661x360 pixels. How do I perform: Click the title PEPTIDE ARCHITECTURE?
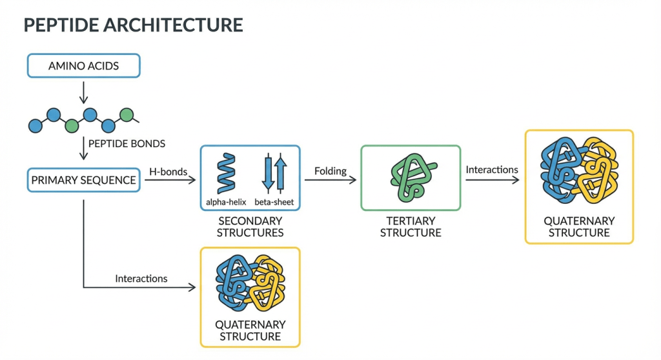(x=133, y=25)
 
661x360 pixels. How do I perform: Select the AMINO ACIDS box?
(x=83, y=66)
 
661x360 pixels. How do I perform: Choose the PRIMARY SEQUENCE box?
(x=83, y=180)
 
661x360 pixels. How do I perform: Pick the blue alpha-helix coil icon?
(x=226, y=173)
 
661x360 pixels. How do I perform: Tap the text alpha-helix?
(x=225, y=202)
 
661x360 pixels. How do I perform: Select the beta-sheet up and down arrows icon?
(x=274, y=173)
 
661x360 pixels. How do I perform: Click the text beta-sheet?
(x=274, y=202)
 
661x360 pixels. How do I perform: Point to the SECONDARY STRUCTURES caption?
(x=250, y=226)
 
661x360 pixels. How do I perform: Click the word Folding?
(x=330, y=172)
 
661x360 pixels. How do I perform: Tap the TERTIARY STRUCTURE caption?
(x=411, y=226)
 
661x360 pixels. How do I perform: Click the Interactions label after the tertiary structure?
(x=492, y=170)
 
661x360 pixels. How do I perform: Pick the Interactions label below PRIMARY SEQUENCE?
(x=141, y=279)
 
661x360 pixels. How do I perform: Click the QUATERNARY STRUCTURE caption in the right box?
(x=579, y=226)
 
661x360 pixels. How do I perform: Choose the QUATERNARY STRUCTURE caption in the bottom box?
(x=250, y=330)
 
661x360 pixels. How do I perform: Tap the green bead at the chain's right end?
(x=127, y=115)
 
